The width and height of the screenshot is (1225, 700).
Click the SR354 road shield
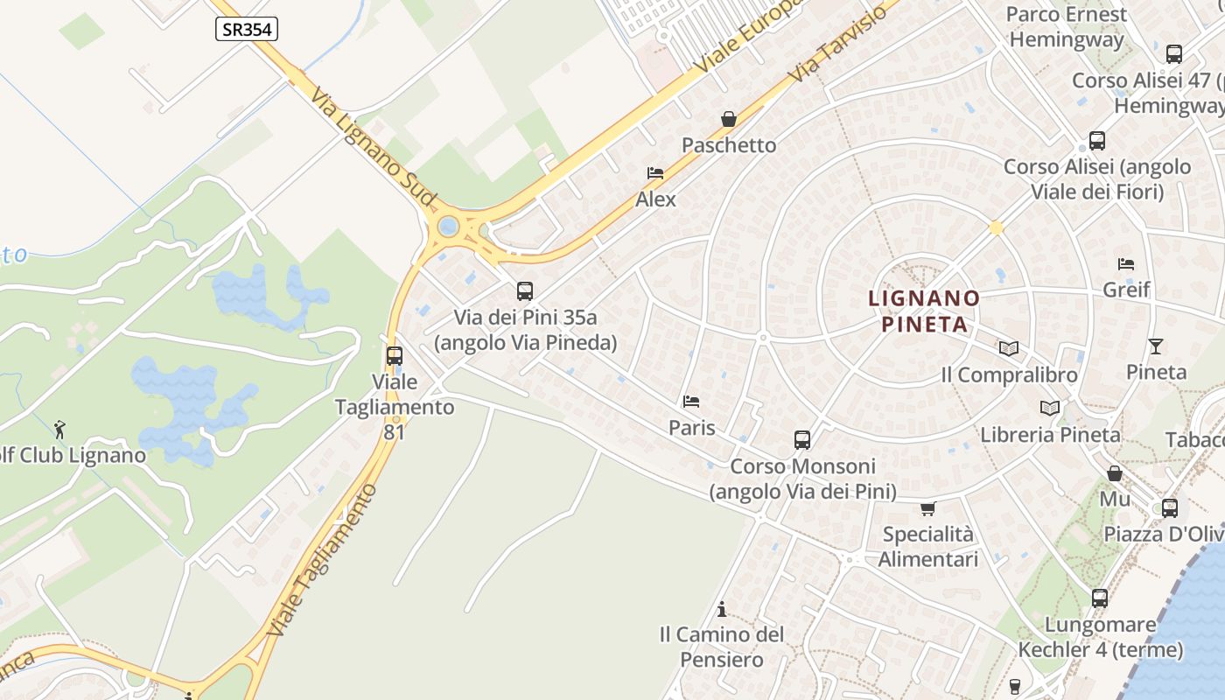[247, 29]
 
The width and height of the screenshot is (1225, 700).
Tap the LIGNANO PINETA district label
[924, 311]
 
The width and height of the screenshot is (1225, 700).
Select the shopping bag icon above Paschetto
[728, 119]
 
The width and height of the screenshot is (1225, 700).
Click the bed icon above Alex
[655, 173]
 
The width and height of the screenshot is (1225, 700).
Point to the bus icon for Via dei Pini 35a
[525, 291]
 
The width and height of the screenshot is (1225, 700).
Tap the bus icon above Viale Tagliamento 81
[395, 356]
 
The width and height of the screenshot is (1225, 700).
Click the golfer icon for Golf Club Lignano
[59, 430]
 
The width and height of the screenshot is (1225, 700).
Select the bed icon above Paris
[691, 402]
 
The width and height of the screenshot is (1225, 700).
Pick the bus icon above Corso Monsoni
[802, 440]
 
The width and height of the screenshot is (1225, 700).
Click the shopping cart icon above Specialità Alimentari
[927, 508]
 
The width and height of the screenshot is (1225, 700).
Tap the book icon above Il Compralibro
[1009, 348]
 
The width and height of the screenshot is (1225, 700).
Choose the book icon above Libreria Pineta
[1050, 408]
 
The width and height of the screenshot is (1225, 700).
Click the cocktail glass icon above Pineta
[1156, 346]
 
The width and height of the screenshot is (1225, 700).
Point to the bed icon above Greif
[1126, 263]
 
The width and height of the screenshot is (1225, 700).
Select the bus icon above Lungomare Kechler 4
[1100, 598]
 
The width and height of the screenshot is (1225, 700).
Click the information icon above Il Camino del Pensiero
[722, 608]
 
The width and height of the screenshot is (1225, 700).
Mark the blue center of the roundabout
[448, 227]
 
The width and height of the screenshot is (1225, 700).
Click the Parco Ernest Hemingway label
[1066, 27]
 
